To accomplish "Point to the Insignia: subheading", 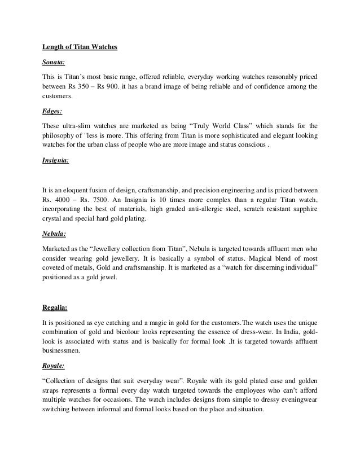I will point(56,161).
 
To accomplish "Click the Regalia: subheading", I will point(55,307).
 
